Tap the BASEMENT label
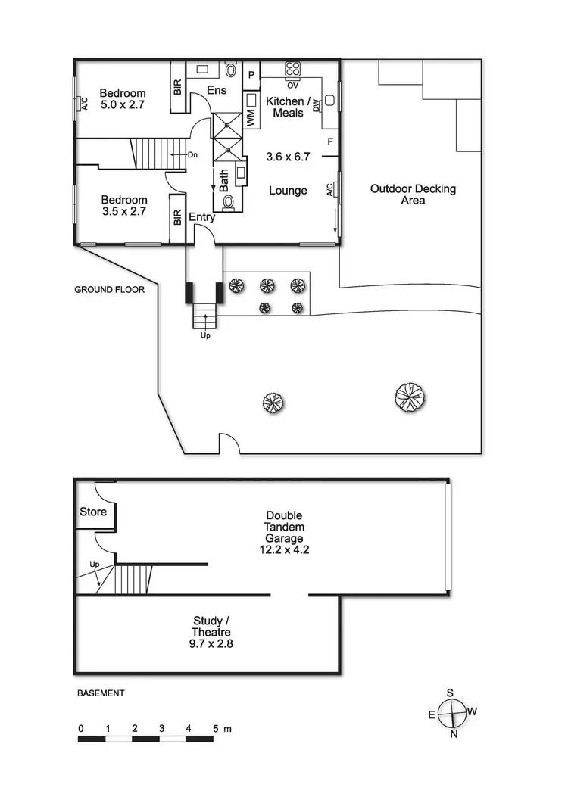pos(101,693)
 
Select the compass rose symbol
pos(451,712)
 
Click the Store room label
pos(93,512)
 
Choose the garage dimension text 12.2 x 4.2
pos(284,551)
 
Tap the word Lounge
pos(288,191)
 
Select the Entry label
pos(202,217)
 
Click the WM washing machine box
pos(251,117)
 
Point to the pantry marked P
pos(252,74)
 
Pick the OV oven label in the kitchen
pos(292,84)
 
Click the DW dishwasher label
pos(317,105)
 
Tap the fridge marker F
pos(330,142)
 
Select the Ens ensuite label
pos(217,91)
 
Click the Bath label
pos(224,181)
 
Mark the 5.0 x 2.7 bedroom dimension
pos(122,104)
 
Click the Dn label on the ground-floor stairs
pos(193,154)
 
